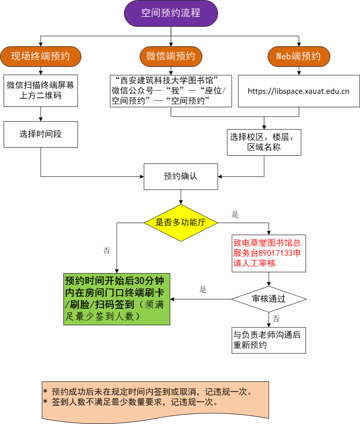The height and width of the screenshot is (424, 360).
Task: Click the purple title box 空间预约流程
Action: (171, 13)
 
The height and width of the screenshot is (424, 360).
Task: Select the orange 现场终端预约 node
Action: (40, 56)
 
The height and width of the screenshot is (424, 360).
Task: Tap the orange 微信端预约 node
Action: (171, 56)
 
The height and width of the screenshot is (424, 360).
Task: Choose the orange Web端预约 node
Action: (298, 56)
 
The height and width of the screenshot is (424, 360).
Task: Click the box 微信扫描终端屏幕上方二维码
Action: (40, 90)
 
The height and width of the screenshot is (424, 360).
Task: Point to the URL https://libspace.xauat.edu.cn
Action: (298, 91)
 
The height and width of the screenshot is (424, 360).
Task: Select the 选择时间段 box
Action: (40, 134)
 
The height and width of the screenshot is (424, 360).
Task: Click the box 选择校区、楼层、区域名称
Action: (264, 142)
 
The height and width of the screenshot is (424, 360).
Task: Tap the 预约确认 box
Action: (181, 176)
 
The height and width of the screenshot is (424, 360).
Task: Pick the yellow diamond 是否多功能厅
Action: (181, 222)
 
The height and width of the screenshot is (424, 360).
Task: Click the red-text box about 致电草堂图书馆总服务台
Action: (269, 253)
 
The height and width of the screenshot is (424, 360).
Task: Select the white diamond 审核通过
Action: (269, 299)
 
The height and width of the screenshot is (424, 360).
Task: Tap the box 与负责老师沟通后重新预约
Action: (269, 340)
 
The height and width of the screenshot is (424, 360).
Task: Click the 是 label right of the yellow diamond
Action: (235, 214)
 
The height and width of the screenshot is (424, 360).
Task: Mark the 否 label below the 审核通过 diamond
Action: (276, 319)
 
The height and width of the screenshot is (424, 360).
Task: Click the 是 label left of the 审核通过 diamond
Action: (203, 290)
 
